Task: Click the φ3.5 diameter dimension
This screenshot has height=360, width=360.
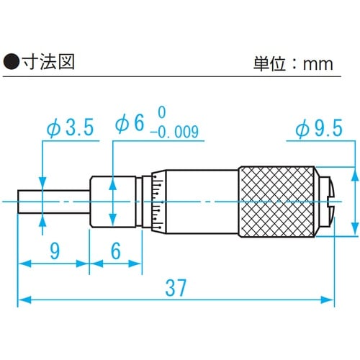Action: click(x=71, y=128)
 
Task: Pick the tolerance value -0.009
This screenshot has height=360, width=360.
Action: click(x=174, y=132)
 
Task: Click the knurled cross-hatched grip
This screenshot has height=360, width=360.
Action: click(x=277, y=202)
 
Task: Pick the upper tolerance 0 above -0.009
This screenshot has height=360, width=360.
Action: click(x=161, y=113)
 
